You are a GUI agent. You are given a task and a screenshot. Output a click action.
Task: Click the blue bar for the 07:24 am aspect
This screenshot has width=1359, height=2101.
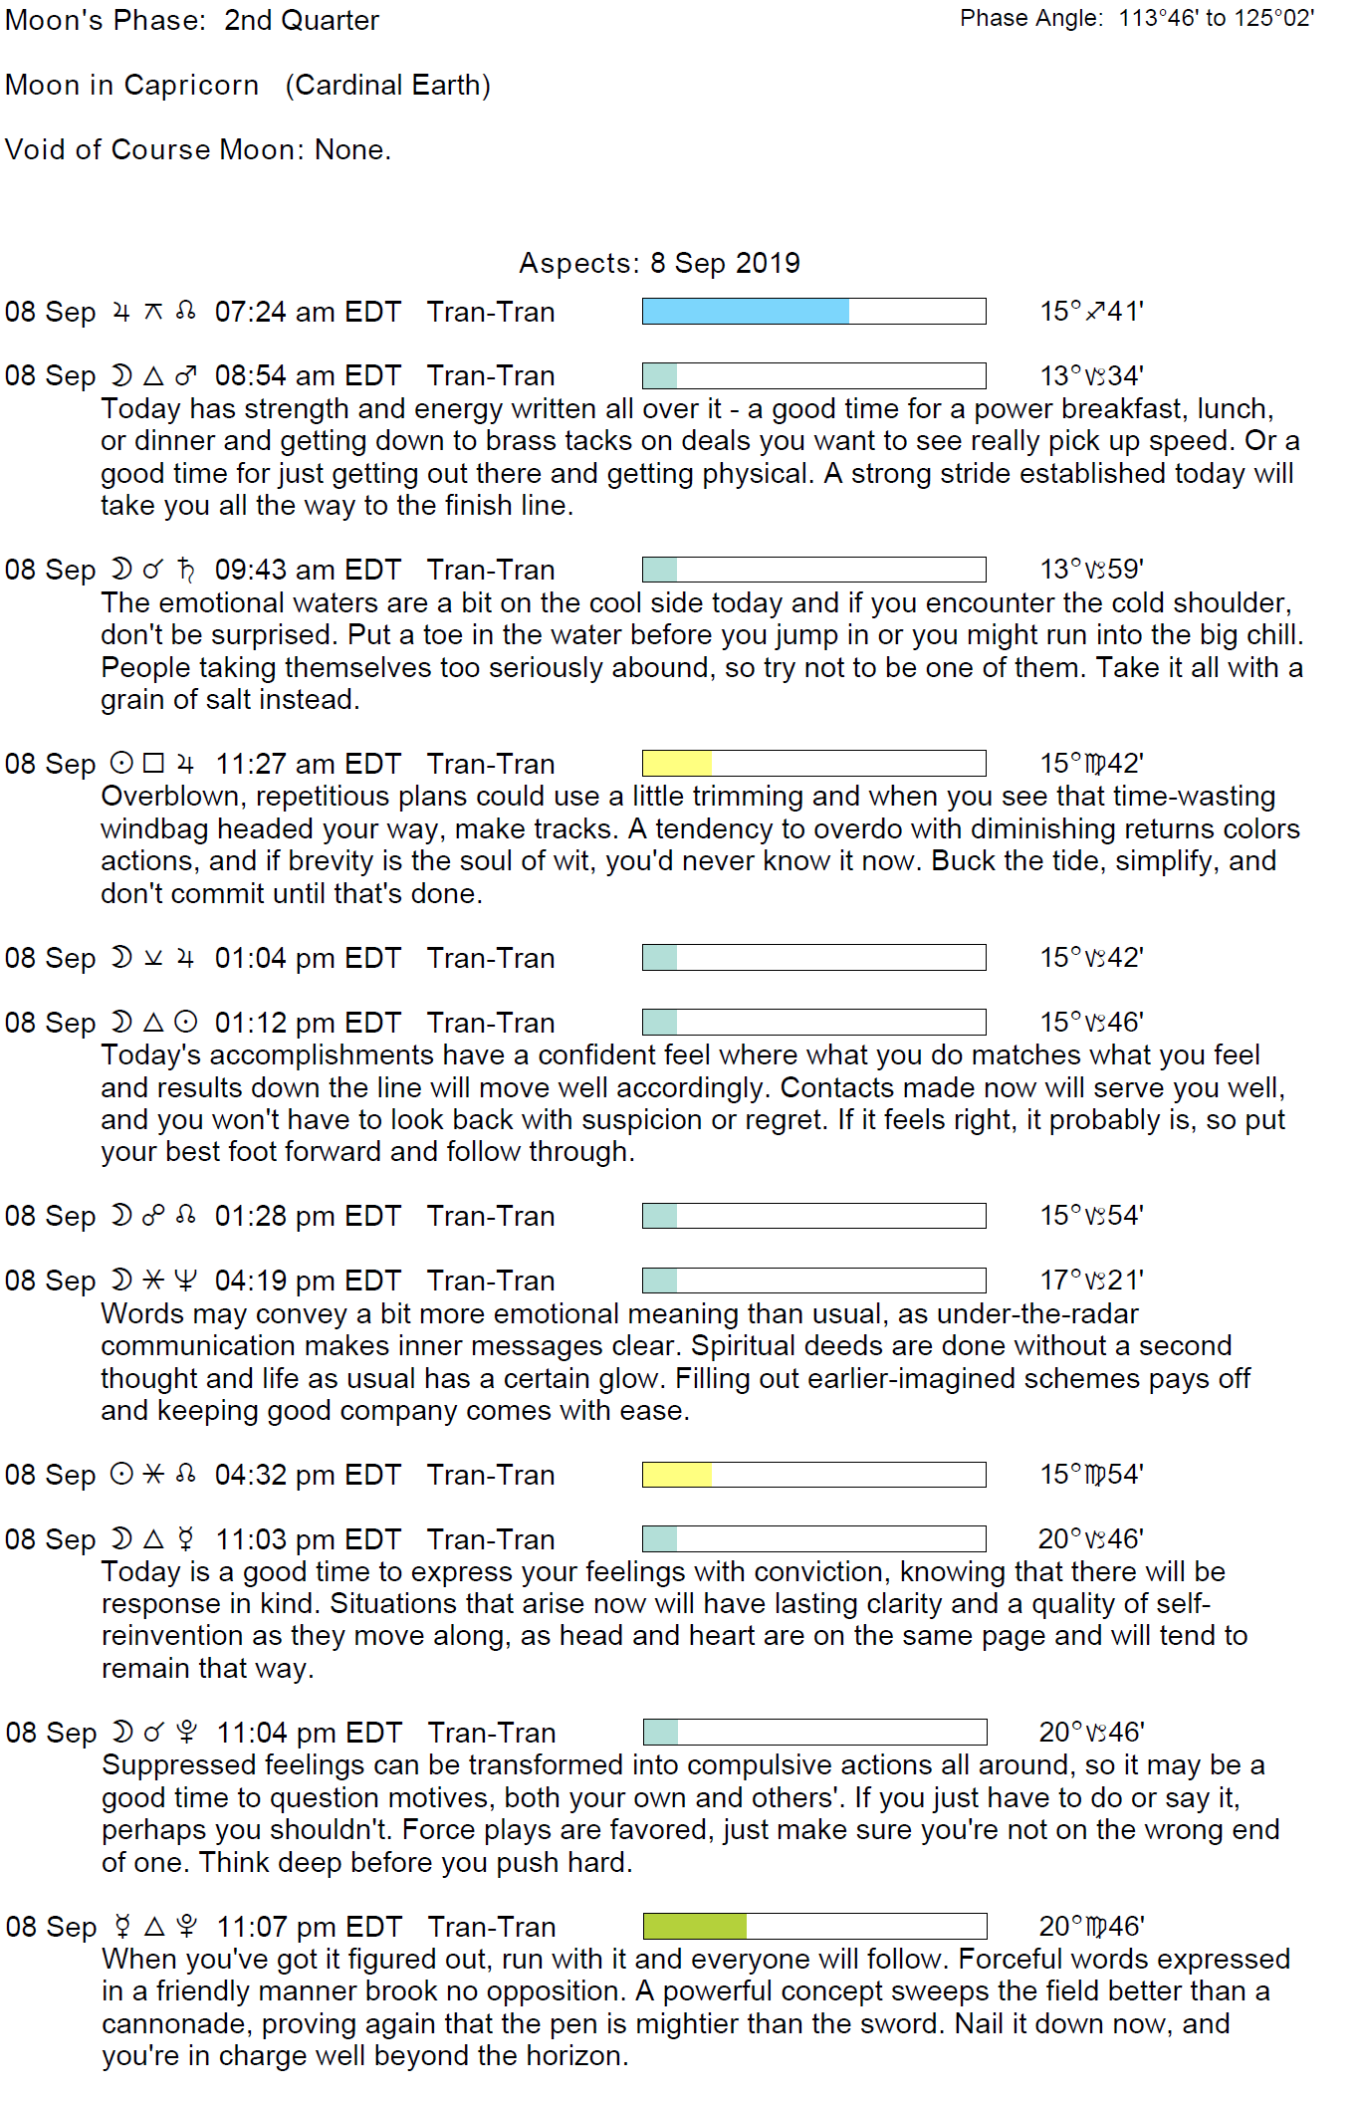point(745,312)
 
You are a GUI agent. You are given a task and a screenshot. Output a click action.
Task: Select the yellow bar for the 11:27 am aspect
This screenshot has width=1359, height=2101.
point(677,764)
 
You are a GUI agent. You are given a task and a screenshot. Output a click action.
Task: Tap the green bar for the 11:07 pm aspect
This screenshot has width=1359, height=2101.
point(694,1926)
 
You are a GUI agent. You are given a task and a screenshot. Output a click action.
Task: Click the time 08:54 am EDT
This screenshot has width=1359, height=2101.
point(308,376)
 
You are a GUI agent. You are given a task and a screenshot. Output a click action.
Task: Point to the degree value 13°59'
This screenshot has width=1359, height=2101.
point(1091,570)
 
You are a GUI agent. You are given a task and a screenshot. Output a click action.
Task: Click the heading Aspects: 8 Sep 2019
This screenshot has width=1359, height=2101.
point(659,263)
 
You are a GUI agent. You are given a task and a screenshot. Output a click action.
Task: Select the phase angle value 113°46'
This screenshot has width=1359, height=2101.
point(1158,18)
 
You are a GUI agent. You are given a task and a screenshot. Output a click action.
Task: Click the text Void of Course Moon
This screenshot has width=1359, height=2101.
point(154,149)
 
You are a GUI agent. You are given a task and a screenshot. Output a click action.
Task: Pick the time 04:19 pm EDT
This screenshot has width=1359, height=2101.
point(308,1281)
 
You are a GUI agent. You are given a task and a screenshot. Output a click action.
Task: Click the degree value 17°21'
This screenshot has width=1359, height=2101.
point(1091,1281)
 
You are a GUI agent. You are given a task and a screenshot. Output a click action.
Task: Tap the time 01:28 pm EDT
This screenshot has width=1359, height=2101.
point(308,1216)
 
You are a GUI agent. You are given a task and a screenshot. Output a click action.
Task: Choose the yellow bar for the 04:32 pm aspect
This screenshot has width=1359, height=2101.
point(677,1475)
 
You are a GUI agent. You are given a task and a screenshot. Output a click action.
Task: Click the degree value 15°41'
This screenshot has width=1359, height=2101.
point(1091,312)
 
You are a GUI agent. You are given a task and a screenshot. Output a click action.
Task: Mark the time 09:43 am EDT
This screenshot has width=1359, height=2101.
point(308,570)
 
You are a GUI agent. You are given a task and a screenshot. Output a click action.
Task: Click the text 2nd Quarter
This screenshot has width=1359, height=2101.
point(302,21)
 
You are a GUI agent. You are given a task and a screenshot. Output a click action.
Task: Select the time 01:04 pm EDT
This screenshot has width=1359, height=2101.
point(308,958)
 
